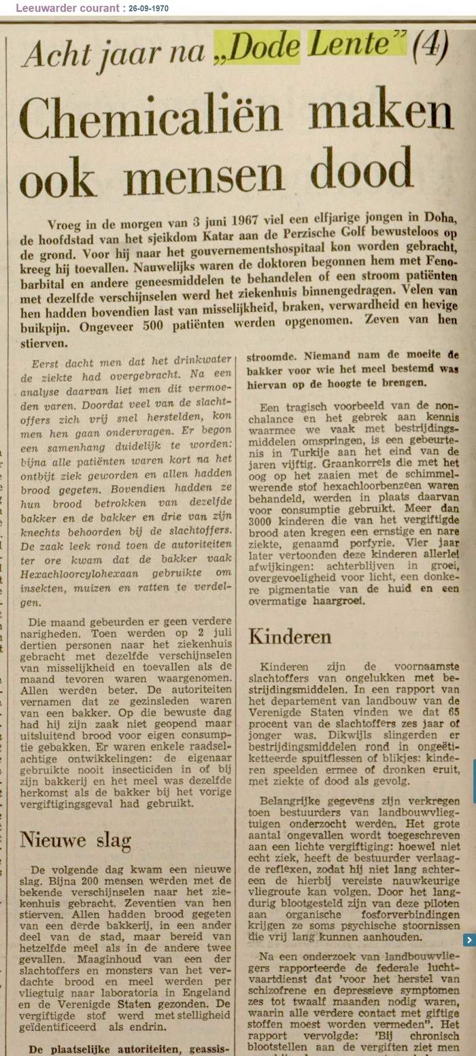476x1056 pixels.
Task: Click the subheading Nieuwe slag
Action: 75,840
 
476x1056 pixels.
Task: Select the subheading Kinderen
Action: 290,637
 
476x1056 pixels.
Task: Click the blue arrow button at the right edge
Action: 469,940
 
